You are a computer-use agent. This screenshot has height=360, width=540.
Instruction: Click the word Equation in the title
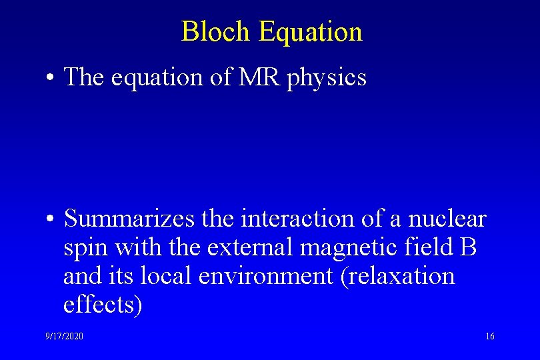[310, 31]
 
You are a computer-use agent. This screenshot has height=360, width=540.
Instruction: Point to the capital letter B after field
[468, 247]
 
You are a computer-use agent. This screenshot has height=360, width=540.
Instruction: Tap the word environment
[259, 276]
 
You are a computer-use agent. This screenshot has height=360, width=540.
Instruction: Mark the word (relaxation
[397, 276]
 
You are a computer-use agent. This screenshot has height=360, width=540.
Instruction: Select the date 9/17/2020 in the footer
[65, 337]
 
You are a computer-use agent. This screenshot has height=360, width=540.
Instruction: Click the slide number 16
[490, 337]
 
